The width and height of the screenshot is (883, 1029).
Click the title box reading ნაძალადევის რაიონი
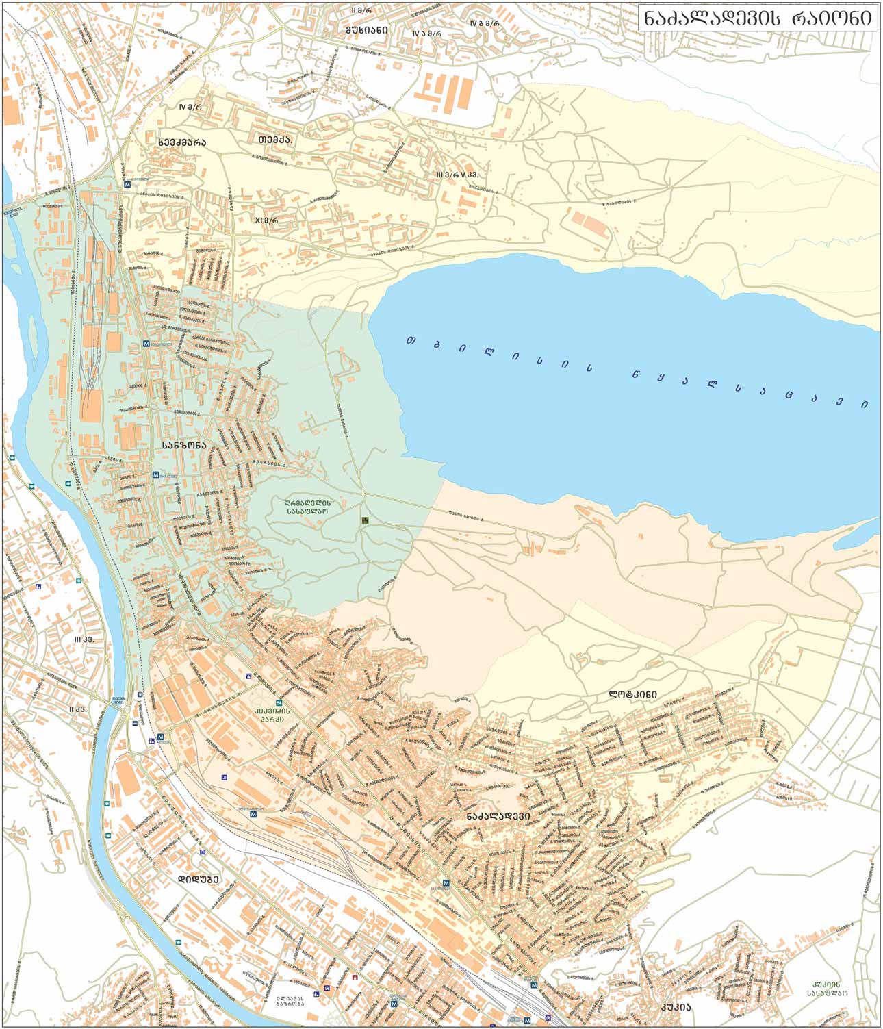point(758,18)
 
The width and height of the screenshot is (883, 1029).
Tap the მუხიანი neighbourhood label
point(366,30)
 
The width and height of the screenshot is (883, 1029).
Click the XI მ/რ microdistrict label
point(266,220)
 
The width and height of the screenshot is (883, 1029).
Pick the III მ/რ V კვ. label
point(457,175)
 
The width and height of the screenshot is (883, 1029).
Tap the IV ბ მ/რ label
point(485,23)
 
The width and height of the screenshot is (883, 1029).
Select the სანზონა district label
point(183,444)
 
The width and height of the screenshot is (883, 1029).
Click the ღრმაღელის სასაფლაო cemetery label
point(307,505)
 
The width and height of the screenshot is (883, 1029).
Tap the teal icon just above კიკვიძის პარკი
point(278,702)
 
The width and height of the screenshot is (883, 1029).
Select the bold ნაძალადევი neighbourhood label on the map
point(499,816)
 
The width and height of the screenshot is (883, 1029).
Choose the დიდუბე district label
point(198,879)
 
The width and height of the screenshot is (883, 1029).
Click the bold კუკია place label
point(675,1007)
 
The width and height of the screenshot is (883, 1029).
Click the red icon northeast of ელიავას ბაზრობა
point(354,978)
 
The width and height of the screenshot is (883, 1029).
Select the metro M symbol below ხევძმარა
point(127,184)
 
